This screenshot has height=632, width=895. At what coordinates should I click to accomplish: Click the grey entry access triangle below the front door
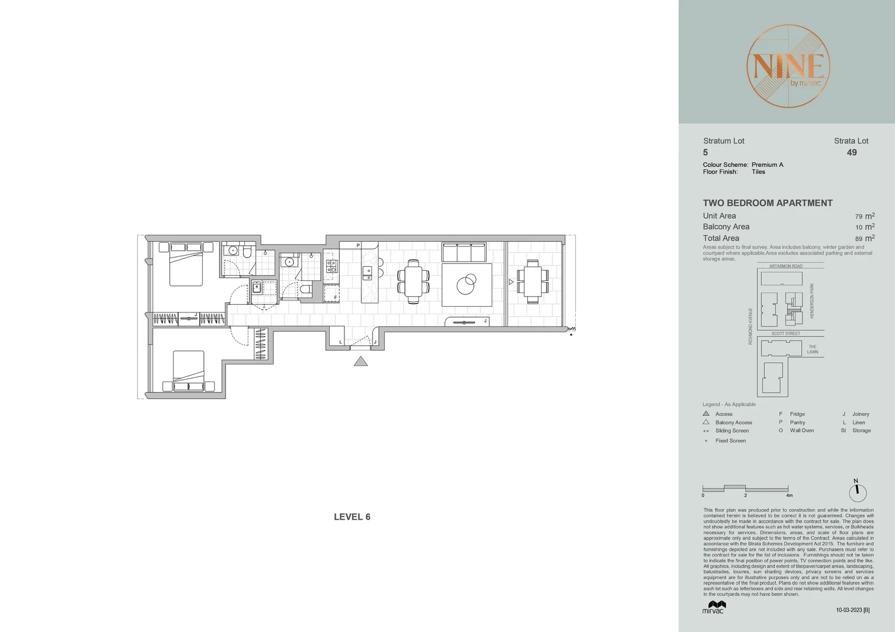coord(361,362)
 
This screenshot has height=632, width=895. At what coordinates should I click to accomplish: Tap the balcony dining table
coord(532,281)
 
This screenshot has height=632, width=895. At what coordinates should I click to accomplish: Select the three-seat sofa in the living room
coord(464,253)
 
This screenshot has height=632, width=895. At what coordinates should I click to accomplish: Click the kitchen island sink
coord(367,270)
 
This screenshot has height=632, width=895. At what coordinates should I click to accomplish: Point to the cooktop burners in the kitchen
coord(332,267)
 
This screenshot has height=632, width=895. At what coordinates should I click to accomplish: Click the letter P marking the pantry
coord(358,246)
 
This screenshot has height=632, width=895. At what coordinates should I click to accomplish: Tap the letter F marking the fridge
coord(336,297)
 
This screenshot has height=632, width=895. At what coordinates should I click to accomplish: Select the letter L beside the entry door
coord(340,342)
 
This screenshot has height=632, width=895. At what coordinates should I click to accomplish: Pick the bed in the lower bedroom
coord(188,370)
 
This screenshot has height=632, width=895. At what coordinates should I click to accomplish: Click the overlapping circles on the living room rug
coord(466,285)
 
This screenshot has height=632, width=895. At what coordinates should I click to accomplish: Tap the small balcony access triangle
coord(511,282)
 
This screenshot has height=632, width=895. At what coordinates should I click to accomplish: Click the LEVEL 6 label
coord(352,517)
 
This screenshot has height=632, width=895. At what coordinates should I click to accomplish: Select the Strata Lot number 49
coord(852,153)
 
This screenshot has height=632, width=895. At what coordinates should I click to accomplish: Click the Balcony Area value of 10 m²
coord(865,227)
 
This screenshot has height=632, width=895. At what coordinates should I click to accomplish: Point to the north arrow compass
coord(858,492)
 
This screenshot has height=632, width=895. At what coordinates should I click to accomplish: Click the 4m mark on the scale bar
coord(789,495)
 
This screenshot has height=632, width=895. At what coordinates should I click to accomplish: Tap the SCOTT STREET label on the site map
coord(785,334)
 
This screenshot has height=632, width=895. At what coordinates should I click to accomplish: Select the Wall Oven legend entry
coord(801,431)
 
